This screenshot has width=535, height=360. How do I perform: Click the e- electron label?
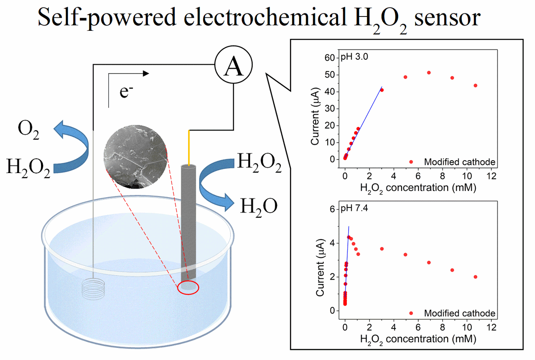126,91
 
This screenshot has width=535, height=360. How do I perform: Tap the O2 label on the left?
29,130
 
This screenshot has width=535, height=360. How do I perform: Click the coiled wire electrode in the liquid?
93,289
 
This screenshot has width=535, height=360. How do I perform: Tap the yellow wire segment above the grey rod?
189,148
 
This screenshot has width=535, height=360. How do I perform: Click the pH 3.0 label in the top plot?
354,57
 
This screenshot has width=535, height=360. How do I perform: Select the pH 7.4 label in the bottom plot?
354,208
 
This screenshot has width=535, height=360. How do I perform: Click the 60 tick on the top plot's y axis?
329,58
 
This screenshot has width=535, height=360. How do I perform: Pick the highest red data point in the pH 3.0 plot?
429,73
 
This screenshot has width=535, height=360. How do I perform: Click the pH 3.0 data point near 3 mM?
382,90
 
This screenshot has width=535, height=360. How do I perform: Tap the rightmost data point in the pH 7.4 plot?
475,277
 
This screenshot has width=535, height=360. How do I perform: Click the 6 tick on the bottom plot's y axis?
332,209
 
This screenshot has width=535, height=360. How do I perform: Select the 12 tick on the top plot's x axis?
491,176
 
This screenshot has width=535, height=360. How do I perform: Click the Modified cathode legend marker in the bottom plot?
411,313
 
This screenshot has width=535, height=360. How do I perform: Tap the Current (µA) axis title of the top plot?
315,116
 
